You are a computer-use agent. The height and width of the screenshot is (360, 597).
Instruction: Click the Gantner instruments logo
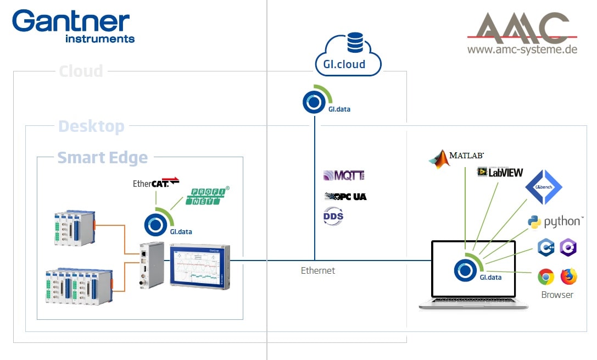pos(73,25)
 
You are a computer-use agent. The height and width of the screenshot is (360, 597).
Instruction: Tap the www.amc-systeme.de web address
pos(522,49)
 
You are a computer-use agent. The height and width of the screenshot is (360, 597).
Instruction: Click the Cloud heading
pos(81,71)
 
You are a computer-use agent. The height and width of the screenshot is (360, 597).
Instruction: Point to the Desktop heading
pos(91,126)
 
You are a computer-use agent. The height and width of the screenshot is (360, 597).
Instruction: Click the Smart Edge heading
pos(103,158)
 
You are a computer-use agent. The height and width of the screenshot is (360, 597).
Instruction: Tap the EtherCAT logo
pos(156,182)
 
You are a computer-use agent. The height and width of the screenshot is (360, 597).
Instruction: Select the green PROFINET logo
pos(208,196)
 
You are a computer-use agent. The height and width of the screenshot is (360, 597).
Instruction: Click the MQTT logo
pos(344,176)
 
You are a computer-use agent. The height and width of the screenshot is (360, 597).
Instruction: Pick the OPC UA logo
pos(345,196)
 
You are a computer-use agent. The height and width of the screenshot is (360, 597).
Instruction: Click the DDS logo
pos(333,216)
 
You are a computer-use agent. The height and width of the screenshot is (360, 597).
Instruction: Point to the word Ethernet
pos(318,270)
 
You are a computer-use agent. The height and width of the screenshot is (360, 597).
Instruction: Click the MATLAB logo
pos(456,157)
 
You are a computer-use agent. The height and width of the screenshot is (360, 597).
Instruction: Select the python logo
pos(555,221)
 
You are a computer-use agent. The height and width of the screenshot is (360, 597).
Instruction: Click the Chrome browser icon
pos(545,276)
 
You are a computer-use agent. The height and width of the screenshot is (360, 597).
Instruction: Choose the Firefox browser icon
pos(569,276)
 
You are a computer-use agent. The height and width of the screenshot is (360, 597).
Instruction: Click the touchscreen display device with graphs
pos(199,266)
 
